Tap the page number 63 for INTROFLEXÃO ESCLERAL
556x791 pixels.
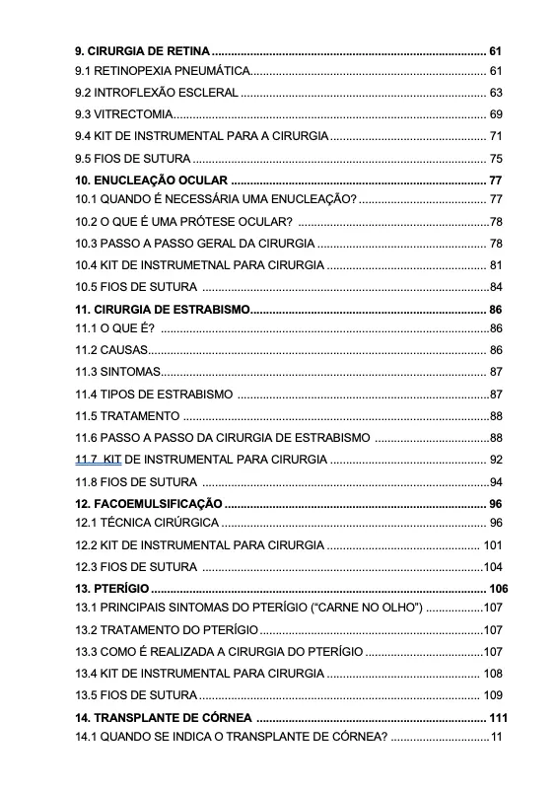[496, 93]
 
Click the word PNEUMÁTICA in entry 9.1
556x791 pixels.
[210, 72]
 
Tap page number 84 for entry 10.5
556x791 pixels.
[496, 287]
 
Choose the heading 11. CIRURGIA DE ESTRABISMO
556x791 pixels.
[162, 310]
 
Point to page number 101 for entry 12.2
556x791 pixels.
[493, 545]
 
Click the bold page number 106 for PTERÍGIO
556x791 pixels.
[497, 589]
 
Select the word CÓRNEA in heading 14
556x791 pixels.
[224, 717]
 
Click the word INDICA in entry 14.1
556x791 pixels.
[188, 737]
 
